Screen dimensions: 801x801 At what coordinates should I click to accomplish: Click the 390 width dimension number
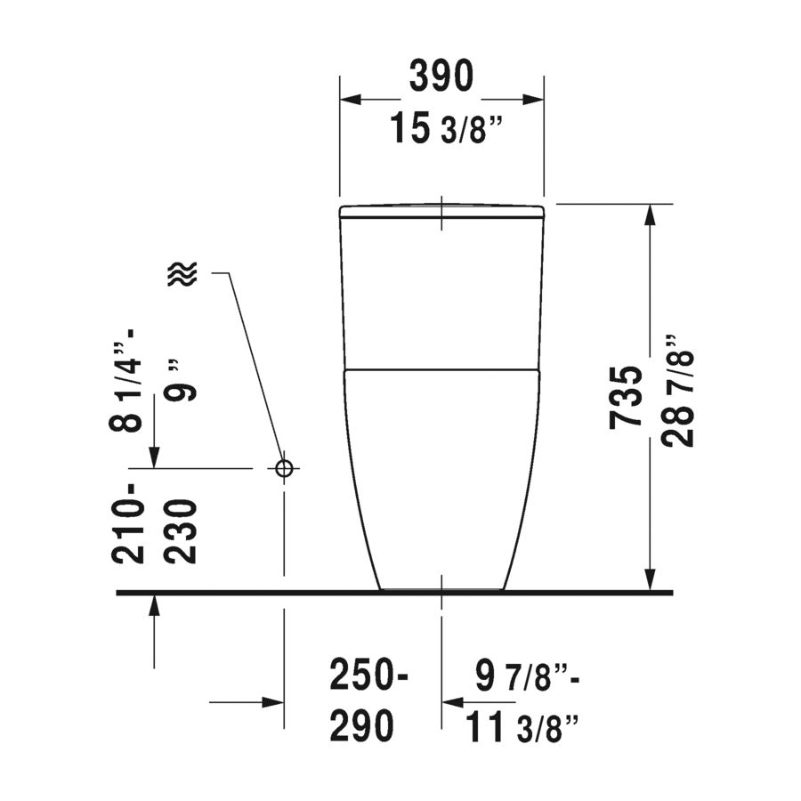pos(441,77)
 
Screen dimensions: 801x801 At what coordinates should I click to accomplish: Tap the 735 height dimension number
pos(626,397)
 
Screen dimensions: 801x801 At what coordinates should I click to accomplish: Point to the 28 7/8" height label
pos(679,392)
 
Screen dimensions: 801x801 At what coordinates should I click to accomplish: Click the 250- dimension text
pos(368,676)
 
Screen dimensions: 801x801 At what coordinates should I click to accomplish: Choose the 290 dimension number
pos(361,725)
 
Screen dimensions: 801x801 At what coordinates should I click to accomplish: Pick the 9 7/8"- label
pos(527,676)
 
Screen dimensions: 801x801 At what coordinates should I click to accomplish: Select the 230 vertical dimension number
pos(182,532)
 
